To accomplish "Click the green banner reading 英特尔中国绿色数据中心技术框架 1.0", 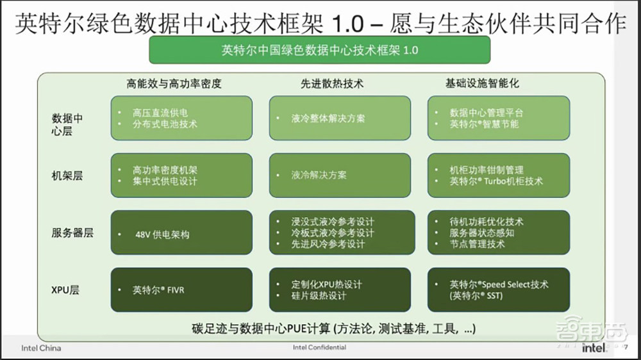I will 319,50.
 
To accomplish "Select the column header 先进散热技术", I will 331,83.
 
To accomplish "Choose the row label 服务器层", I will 72,233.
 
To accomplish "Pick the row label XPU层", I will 66,290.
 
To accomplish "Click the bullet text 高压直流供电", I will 160,113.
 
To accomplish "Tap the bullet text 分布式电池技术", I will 165,124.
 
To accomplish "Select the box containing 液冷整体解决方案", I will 340,119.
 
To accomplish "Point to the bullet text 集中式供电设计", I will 165,181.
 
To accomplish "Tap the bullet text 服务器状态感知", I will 481,233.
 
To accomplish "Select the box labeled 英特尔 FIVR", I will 181,290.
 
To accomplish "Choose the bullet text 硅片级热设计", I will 318,296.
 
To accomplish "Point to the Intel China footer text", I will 41,348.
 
